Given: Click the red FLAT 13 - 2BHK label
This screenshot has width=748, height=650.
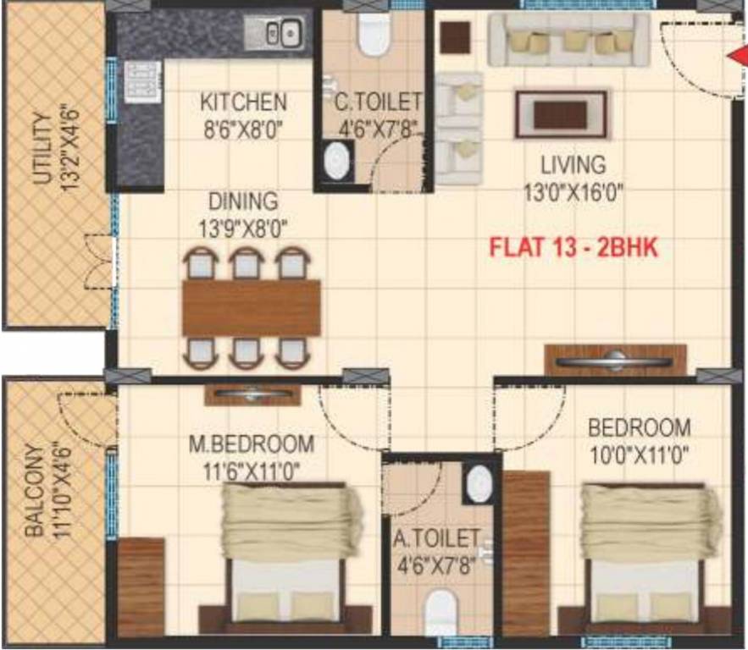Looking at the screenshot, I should click(575, 250).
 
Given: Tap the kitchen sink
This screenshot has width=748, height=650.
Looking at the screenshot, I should click(274, 33).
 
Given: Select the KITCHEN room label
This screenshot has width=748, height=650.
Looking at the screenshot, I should click(243, 102).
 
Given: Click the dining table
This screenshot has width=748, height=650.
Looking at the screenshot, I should click(252, 307).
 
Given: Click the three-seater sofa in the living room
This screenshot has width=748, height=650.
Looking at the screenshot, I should click(568, 40).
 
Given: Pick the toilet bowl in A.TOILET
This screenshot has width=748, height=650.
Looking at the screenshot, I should click(441, 608).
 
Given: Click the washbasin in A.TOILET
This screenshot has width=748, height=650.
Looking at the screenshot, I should click(479, 483).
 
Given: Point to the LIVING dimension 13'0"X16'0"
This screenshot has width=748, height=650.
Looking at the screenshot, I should click(574, 192).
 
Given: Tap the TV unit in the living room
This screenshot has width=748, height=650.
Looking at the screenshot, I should click(615, 361).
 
